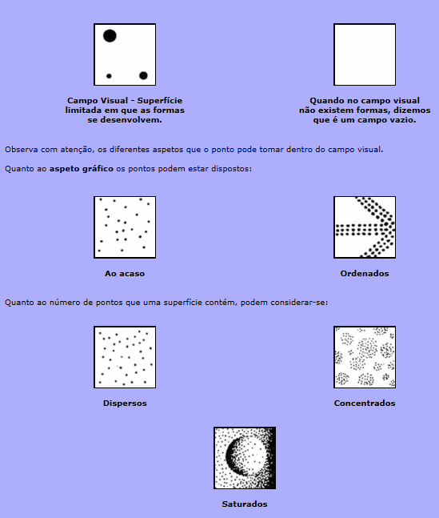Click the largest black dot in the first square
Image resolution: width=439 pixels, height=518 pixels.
coord(110,36)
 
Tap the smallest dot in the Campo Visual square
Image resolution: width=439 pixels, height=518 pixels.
coord(109,76)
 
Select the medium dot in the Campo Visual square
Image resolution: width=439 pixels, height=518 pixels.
coord(143,75)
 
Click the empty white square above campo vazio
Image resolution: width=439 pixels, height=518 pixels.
coord(365,54)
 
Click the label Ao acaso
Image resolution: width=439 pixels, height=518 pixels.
coord(125,274)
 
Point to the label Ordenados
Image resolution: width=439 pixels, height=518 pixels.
coord(365,274)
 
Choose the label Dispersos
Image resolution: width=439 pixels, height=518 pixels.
coord(125,404)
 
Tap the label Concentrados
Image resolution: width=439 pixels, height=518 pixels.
coord(365,404)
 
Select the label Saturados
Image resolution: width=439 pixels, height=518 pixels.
coord(245,504)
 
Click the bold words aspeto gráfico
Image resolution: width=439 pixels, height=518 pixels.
coord(82,169)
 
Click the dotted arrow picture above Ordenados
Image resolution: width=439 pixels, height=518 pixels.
coord(365,227)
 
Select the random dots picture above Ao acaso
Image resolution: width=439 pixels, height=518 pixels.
coord(125,227)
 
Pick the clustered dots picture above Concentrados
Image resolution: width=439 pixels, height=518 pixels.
coord(365,357)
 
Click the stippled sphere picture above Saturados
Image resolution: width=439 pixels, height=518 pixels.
coord(245,458)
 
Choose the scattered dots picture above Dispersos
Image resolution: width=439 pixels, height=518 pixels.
coord(125,357)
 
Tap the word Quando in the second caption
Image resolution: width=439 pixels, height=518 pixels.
coord(325,100)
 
